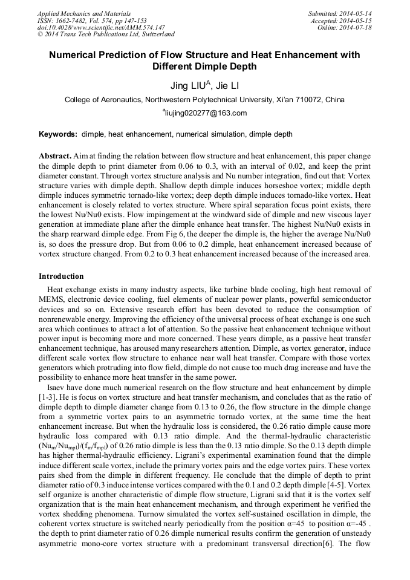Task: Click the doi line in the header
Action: pyautogui.click(x=101, y=27)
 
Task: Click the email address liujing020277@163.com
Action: pyautogui.click(x=206, y=113)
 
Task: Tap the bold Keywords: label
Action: pyautogui.click(x=58, y=134)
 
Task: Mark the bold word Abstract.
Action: pyautogui.click(x=55, y=155)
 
